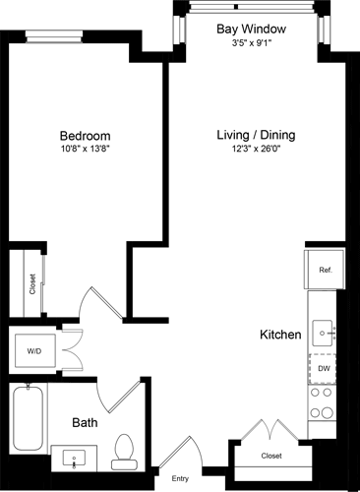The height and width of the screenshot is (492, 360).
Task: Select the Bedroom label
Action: (85, 135)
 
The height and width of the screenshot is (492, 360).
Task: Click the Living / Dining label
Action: (256, 134)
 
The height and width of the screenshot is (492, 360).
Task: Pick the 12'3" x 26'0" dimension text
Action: (256, 149)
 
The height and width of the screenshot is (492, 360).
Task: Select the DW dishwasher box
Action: (324, 368)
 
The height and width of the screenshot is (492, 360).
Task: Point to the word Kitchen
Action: (279, 336)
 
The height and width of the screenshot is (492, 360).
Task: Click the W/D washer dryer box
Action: (33, 349)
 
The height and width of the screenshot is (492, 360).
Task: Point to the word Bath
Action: (84, 422)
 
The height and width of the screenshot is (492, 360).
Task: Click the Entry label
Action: (180, 478)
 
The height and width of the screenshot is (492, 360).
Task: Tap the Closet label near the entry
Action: (271, 456)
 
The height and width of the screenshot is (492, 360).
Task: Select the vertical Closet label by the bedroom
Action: (32, 284)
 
